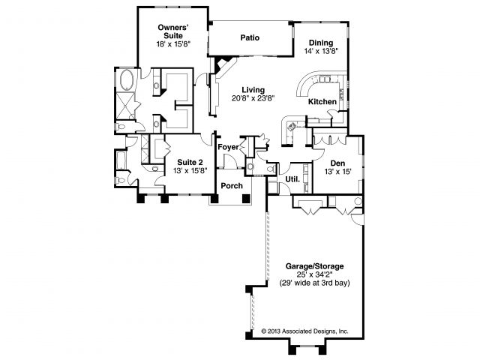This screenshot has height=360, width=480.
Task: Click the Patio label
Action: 250,37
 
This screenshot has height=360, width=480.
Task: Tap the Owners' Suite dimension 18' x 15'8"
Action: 173,43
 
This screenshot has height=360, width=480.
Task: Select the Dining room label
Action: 321,43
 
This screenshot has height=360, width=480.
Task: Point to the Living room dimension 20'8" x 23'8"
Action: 253,98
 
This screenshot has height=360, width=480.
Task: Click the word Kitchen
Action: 322,102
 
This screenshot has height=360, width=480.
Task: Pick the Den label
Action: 337,163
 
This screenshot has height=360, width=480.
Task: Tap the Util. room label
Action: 292,179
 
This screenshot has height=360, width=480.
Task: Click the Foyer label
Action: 228,147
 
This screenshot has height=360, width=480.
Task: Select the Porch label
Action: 232,186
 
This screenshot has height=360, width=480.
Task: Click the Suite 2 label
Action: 190,163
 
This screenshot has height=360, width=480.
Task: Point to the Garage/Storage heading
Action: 315,266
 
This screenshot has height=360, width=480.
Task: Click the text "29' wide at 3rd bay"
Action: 314,283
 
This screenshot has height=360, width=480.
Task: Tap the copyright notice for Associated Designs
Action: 304,331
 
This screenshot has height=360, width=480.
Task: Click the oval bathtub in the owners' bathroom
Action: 125,79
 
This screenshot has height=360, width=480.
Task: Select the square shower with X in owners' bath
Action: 124,106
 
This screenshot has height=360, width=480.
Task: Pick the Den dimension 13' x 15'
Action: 337,172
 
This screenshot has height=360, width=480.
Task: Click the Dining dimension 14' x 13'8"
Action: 321,51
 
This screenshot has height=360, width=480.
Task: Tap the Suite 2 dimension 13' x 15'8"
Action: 190,171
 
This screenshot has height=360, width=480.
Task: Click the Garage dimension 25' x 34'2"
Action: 315,274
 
